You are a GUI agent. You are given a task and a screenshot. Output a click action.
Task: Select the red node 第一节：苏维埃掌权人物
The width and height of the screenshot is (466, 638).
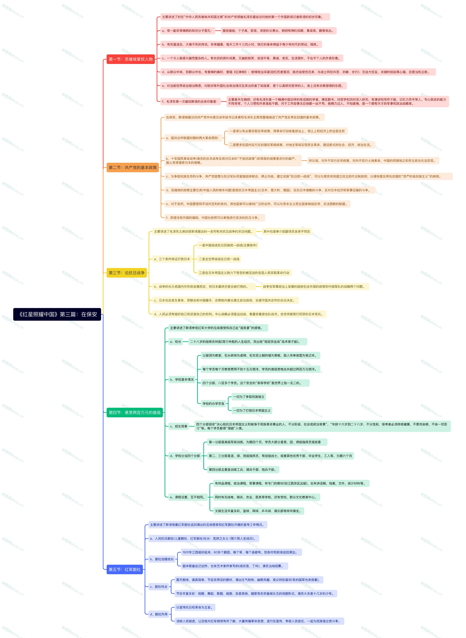coord(131,59)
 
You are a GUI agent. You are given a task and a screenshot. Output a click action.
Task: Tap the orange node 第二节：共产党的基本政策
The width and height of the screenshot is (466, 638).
coord(133,167)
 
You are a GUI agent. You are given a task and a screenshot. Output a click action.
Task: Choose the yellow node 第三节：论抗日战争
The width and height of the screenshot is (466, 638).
coord(127,273)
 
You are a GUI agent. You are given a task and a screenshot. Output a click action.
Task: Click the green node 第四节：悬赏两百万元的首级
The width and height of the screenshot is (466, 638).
coord(135,413)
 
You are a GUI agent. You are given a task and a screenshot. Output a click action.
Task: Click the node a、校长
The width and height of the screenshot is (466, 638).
coord(175,342)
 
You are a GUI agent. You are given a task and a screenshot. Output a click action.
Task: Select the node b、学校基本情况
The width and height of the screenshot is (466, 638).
coord(182,380)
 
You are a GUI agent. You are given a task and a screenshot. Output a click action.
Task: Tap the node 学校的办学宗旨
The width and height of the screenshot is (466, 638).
coord(213,404)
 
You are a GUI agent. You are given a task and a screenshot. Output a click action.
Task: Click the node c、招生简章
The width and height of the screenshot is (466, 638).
coord(179,426)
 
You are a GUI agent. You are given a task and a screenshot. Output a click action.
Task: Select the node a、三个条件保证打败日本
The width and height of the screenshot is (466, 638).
coord(172,259)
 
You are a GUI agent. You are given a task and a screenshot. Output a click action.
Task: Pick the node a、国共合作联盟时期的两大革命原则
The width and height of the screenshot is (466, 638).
coord(192,138)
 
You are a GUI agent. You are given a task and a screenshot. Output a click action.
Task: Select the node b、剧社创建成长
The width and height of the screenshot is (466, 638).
coord(162,559)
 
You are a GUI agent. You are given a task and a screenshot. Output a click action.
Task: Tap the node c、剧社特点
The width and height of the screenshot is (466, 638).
coord(159,587)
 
